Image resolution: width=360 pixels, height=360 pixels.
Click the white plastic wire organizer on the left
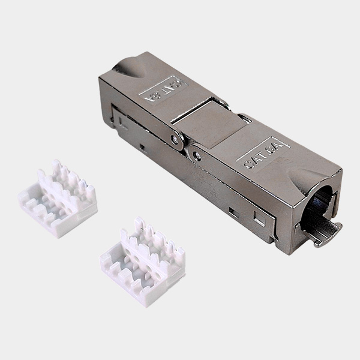(x=58, y=197)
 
